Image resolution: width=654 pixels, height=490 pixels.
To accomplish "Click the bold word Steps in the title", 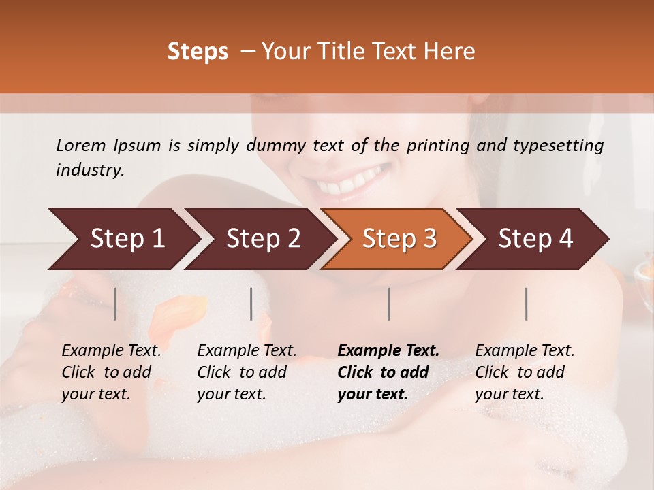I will pyautogui.click(x=198, y=52).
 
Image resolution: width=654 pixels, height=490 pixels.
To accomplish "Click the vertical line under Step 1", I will pyautogui.click(x=114, y=304).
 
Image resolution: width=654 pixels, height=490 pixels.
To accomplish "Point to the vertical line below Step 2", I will pyautogui.click(x=251, y=304).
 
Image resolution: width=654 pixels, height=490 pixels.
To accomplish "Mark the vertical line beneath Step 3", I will pyautogui.click(x=388, y=304).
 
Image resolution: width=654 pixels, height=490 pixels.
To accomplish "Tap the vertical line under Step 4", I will pyautogui.click(x=526, y=304).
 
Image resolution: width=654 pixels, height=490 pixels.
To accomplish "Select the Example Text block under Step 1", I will pyautogui.click(x=111, y=372).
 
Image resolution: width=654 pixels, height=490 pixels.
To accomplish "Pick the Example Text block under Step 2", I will pyautogui.click(x=247, y=372).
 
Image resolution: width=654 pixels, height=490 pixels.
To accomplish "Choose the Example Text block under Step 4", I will pyautogui.click(x=525, y=372).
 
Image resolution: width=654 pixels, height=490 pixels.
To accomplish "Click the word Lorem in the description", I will pyautogui.click(x=81, y=146).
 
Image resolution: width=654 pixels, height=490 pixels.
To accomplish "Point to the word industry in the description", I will pyautogui.click(x=90, y=170).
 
